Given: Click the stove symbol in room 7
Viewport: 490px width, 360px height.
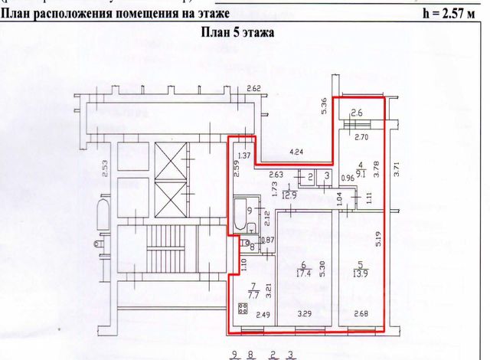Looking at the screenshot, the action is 243,309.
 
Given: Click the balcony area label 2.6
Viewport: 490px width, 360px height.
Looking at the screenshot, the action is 357,115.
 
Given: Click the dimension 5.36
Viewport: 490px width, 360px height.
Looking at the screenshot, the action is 325,106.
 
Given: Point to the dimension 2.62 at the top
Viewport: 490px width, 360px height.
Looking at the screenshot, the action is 254,89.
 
